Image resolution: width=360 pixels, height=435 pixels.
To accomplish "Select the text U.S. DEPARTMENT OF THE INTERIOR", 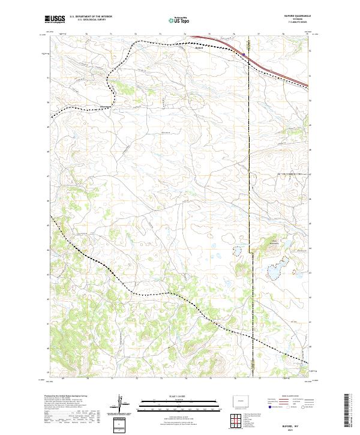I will point(91,17).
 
